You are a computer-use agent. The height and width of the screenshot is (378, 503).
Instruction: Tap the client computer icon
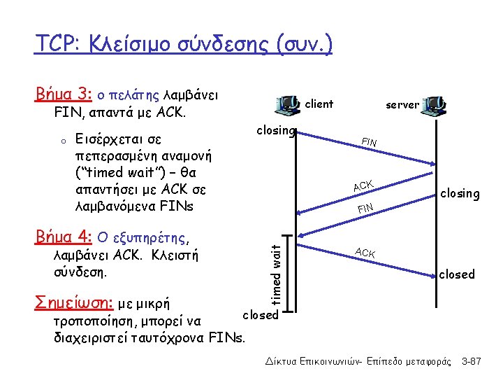point(289,105)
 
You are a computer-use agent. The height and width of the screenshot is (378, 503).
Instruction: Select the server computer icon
point(436,105)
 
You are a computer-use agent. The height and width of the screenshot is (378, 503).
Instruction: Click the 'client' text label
point(320,104)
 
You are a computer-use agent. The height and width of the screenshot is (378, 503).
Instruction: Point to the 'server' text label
point(403,105)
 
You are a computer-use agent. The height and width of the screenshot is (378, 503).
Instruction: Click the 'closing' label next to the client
point(276,130)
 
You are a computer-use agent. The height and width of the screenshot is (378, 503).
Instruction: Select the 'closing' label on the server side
point(459,193)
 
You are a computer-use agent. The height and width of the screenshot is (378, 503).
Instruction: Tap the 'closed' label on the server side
point(457,274)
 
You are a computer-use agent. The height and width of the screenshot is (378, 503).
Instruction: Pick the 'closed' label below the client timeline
point(260,315)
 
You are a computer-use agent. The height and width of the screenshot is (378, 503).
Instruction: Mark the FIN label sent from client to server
point(369,143)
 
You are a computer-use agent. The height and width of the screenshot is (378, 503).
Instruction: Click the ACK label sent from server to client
point(364,185)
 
